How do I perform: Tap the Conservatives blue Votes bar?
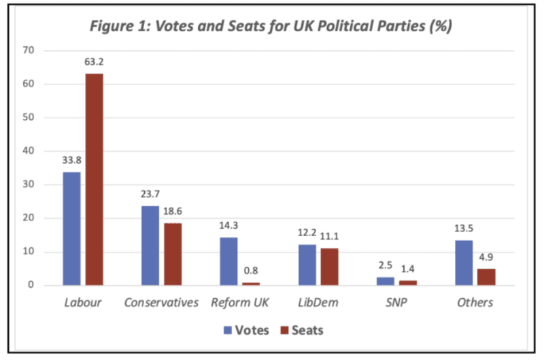coord(150,246)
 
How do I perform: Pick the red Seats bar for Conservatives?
coord(172,254)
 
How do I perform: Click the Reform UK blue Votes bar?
coord(228,261)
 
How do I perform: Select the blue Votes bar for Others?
coord(464,263)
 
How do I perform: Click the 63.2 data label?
coord(94,62)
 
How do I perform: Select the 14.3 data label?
coord(228,226)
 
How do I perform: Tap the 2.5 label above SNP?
coord(386,266)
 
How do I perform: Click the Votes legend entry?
coord(246,331)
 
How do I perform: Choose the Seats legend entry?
coord(300,331)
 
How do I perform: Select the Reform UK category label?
coord(239,302)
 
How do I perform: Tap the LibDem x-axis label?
coord(318,302)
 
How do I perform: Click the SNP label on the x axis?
coord(396,302)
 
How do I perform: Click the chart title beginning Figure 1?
coord(271,28)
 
